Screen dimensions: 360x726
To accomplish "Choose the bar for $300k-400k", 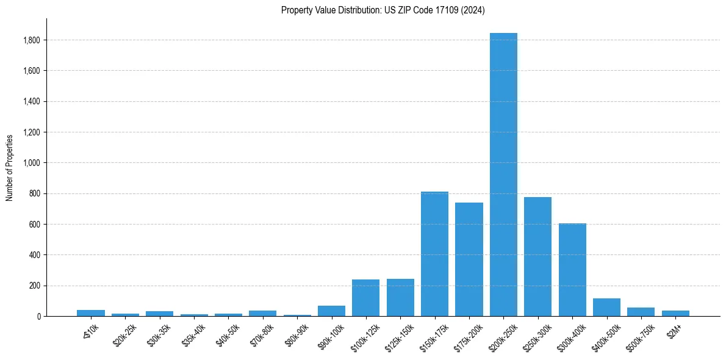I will click(572, 270).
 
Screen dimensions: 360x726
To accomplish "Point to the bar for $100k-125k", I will click(365, 298).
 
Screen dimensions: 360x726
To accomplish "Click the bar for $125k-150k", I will click(400, 298).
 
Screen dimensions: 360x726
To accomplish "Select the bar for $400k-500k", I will click(606, 308).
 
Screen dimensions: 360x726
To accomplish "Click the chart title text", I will click(383, 10).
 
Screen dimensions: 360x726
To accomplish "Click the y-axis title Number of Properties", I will click(10, 167).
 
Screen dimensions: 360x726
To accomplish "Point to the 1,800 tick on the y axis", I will click(32, 40).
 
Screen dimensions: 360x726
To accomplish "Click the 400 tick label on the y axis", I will click(35, 255).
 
